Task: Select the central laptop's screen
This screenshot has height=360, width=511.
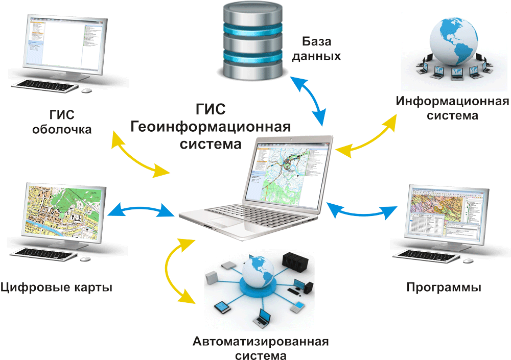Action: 287,172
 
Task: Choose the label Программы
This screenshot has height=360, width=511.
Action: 444,287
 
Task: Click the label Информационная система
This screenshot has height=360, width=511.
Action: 453,108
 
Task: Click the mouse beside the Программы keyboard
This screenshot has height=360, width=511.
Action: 467,261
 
